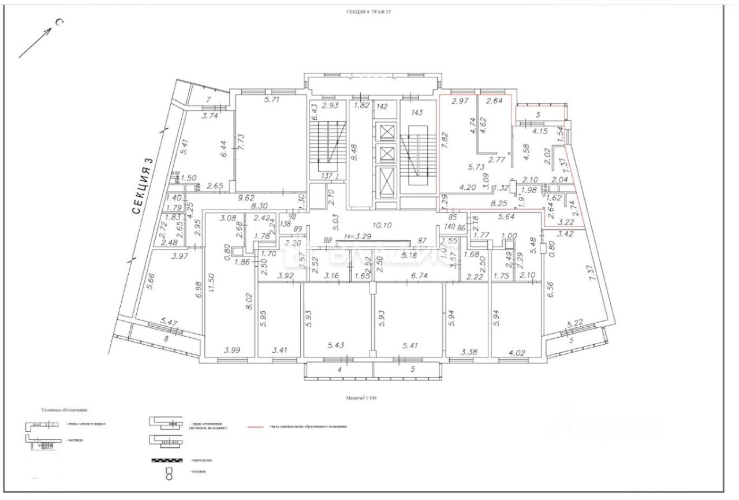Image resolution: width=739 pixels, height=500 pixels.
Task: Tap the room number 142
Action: click(382, 106)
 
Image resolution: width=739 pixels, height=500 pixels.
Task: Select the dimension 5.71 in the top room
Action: click(271, 100)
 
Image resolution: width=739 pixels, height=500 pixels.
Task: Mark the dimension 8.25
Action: click(499, 204)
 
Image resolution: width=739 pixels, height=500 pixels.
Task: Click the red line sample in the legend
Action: click(257, 427)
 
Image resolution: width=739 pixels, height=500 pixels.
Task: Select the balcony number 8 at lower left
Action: click(166, 339)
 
